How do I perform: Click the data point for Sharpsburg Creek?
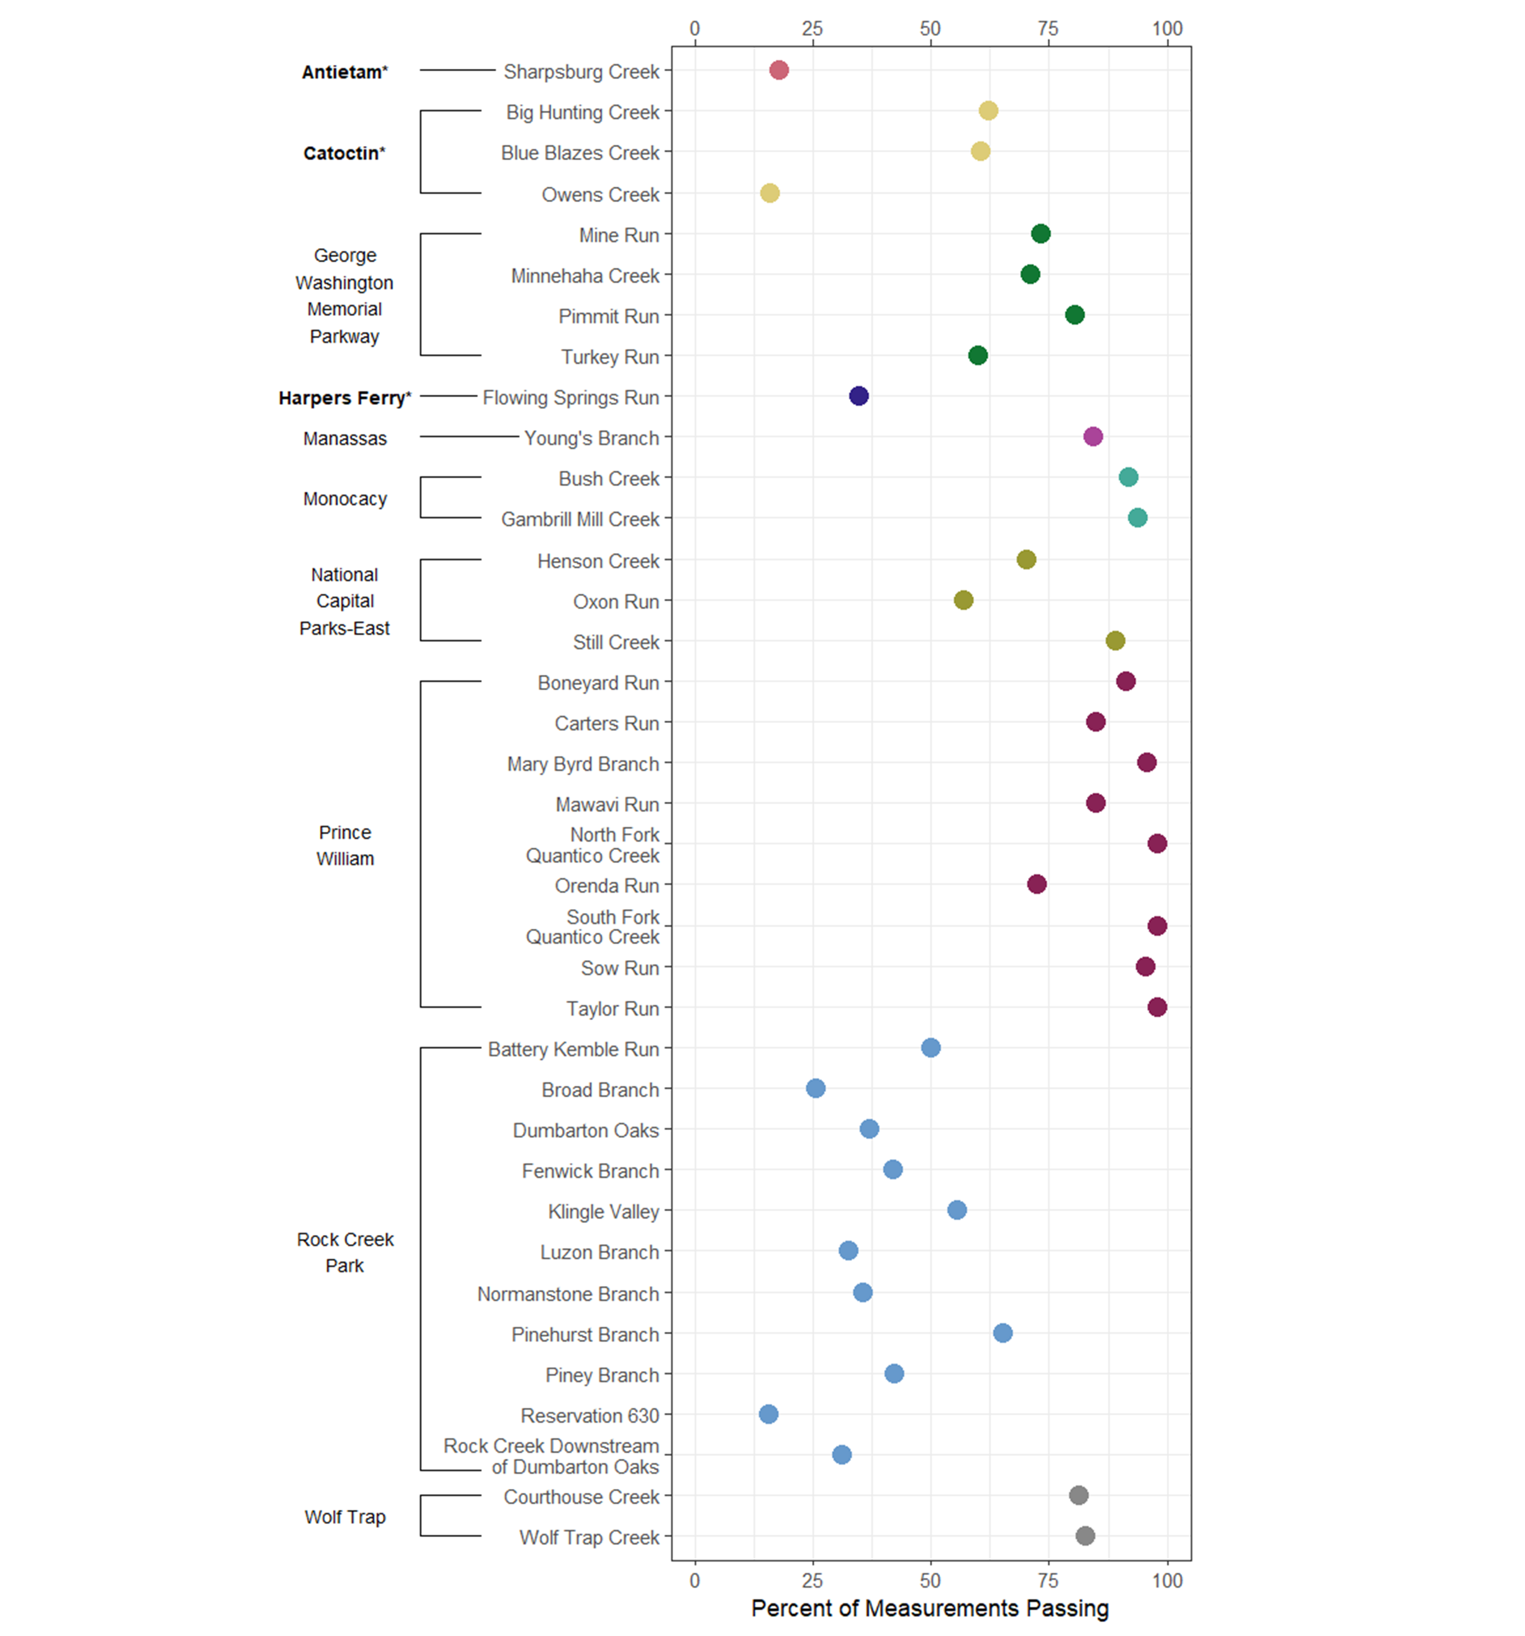pyautogui.click(x=779, y=70)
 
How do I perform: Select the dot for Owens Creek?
pyautogui.click(x=770, y=193)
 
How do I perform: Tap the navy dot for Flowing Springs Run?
pyautogui.click(x=858, y=396)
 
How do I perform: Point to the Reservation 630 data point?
pyautogui.click(x=768, y=1414)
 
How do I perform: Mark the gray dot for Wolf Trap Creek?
pyautogui.click(x=1085, y=1536)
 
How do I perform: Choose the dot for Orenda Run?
pyautogui.click(x=1036, y=884)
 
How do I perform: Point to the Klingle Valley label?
pyautogui.click(x=603, y=1211)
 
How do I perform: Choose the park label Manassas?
pyautogui.click(x=345, y=438)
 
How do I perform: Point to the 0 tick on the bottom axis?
pyautogui.click(x=695, y=1580)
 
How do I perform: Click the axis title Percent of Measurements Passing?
pyautogui.click(x=930, y=1608)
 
